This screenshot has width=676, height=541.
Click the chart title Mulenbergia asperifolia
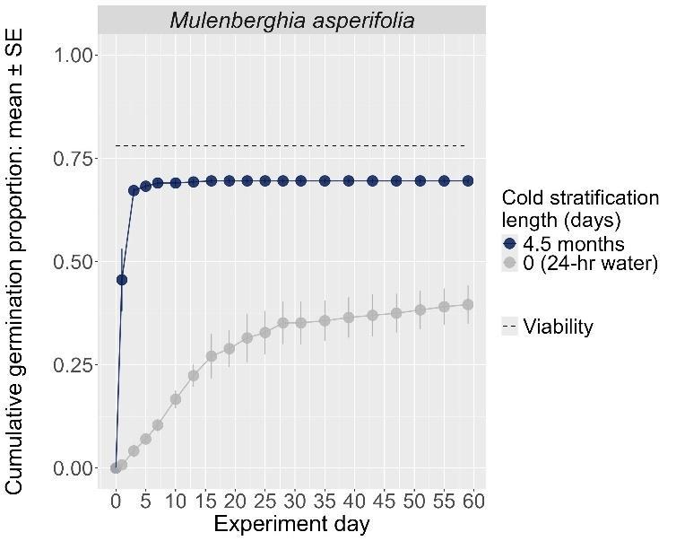coord(291,20)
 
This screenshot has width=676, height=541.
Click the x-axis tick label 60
coord(473,501)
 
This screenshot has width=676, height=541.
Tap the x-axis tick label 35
coord(325,501)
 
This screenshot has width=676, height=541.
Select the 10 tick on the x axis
coord(176,501)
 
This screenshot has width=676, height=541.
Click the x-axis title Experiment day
coord(291,524)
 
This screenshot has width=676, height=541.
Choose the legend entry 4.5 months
coord(574,243)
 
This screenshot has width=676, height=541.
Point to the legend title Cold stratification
coord(579,198)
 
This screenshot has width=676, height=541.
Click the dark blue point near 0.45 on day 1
coord(122,280)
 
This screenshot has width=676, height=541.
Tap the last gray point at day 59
coord(467,305)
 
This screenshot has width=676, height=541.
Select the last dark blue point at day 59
coord(467,181)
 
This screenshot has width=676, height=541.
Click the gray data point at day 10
coord(176,399)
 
